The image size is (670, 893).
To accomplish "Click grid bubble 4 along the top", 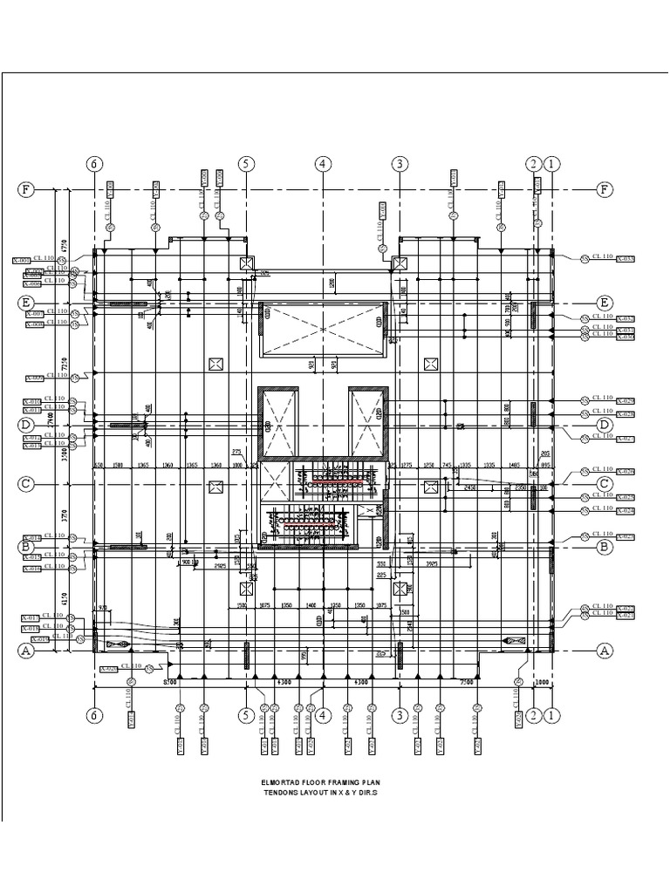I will [323, 164].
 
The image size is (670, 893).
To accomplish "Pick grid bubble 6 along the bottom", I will [95, 715].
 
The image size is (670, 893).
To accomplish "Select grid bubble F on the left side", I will [26, 189].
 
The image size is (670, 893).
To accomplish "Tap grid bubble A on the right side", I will [602, 650].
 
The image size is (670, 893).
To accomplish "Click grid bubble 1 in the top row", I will [551, 164].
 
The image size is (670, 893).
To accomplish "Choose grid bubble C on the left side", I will [26, 483].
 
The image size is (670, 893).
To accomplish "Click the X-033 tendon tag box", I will [626, 258].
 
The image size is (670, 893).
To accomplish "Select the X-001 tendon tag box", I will [22, 260].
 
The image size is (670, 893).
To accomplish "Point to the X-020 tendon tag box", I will [108, 670].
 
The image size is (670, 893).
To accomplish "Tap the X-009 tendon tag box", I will [34, 378].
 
